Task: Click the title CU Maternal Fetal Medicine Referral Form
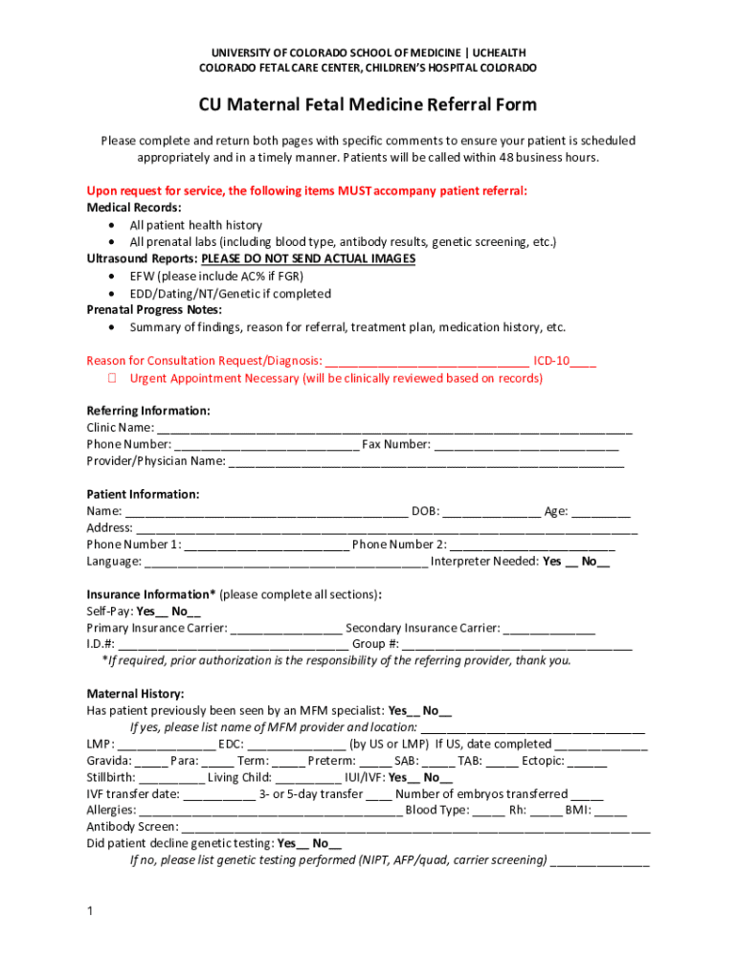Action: (x=368, y=104)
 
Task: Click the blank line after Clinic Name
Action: (x=393, y=428)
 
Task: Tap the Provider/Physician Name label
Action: (x=156, y=461)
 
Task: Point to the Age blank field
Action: (x=602, y=511)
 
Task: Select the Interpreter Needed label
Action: (x=483, y=562)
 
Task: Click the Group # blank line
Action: (x=518, y=644)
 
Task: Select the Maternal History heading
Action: (x=135, y=694)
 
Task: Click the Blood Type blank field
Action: (x=488, y=810)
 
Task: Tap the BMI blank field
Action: (x=611, y=810)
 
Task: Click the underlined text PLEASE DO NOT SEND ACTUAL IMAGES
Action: (x=308, y=259)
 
